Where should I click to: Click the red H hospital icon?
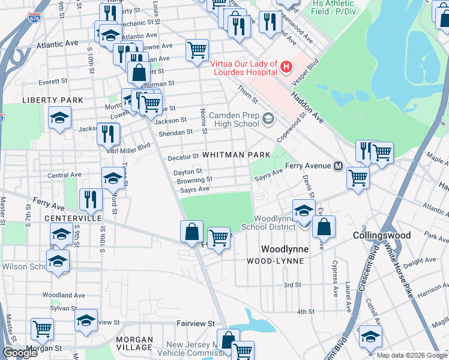286,66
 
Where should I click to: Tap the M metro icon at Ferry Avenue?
338,166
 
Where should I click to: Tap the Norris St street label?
204,122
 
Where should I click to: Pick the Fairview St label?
195,323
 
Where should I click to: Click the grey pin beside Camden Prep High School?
268,119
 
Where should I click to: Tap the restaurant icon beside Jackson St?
108,133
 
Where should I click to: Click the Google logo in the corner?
20,353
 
